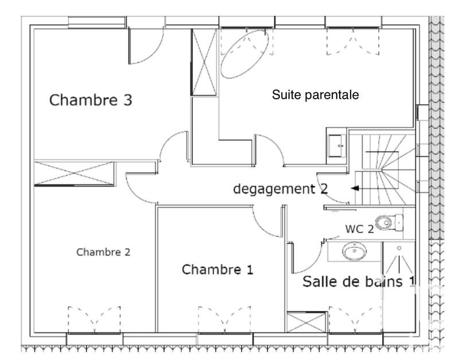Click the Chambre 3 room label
tap(91, 100)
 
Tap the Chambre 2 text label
tap(103, 252)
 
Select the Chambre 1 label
tap(217, 269)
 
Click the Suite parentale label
tap(316, 95)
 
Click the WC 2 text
tap(359, 229)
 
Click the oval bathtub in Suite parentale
tap(245, 55)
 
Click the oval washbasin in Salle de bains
tap(355, 251)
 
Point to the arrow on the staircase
tap(357, 188)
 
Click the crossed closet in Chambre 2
tap(75, 173)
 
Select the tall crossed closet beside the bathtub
tap(204, 62)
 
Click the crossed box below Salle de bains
tap(306, 322)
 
